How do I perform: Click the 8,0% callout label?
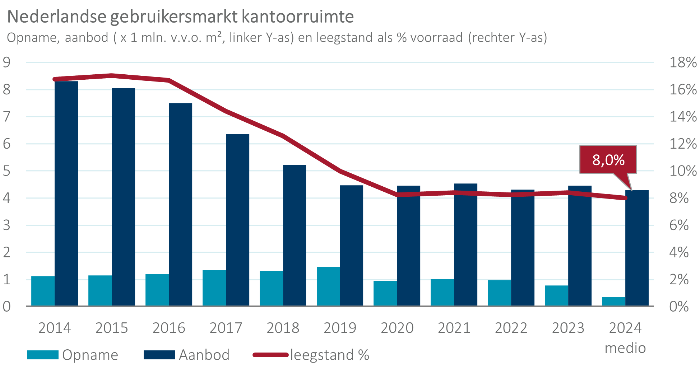click(608, 160)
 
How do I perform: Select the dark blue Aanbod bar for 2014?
click(66, 194)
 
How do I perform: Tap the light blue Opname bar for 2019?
click(328, 286)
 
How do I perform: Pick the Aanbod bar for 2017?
click(238, 220)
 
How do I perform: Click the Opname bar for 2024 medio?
click(613, 302)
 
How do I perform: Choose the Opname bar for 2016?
click(157, 290)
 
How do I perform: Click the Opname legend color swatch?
click(43, 355)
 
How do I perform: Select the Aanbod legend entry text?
click(204, 355)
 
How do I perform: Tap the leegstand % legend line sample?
click(270, 355)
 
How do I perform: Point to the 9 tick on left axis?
click(7, 62)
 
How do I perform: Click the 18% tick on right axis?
click(683, 62)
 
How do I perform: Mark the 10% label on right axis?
click(683, 171)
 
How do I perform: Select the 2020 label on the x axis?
click(397, 328)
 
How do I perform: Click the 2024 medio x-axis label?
click(625, 337)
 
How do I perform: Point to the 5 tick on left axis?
click(7, 171)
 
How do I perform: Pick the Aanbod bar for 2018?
click(295, 235)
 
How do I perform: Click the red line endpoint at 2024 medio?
click(625, 198)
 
